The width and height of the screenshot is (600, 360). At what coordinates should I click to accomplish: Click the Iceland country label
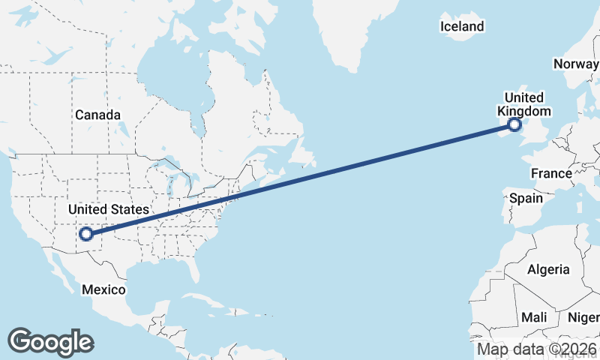click(x=462, y=27)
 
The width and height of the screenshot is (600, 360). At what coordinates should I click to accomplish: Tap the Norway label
click(x=575, y=64)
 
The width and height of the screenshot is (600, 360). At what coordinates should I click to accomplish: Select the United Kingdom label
click(x=523, y=104)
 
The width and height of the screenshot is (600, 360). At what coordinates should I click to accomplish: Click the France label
click(x=551, y=173)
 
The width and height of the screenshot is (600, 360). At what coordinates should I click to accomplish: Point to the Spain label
click(x=525, y=199)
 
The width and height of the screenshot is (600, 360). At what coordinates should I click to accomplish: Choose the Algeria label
click(x=548, y=269)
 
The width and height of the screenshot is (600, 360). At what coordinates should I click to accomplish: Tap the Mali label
click(x=535, y=317)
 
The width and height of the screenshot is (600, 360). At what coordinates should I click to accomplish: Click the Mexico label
click(x=103, y=289)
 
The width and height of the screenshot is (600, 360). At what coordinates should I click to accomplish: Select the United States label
click(x=108, y=209)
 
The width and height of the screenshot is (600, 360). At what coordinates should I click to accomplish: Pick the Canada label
click(x=97, y=115)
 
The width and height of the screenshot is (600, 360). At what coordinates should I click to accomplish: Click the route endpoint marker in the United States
click(x=86, y=233)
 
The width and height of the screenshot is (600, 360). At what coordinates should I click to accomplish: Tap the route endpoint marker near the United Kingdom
click(x=514, y=125)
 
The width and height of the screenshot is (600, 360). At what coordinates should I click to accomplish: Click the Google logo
click(x=50, y=341)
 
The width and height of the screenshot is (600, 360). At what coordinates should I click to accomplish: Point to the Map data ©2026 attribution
click(x=536, y=349)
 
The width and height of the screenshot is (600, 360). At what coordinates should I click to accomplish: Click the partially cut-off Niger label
click(x=586, y=317)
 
